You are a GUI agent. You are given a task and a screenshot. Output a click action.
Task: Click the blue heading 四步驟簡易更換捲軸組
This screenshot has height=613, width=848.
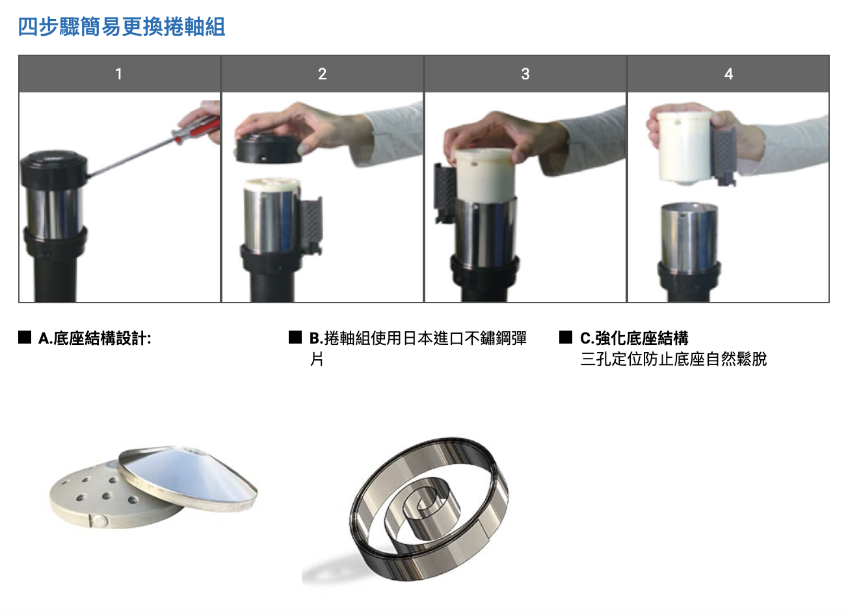click(122, 27)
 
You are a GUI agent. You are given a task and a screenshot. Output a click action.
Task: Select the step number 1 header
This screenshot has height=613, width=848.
click(119, 74)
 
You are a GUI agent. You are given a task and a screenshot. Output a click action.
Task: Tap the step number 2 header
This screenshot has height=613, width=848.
click(322, 74)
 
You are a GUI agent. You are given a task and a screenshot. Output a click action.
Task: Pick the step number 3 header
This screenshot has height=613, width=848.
click(525, 74)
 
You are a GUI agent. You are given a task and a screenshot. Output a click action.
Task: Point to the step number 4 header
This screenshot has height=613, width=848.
click(728, 74)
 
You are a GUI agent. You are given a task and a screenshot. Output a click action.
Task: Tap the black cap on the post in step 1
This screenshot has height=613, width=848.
click(54, 168)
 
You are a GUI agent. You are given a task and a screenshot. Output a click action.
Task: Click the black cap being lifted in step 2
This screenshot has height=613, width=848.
click(269, 149)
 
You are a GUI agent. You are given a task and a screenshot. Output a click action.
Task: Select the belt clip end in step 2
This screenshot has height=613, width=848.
click(311, 225)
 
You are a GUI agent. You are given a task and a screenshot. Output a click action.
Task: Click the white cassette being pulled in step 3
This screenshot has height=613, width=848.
click(485, 175)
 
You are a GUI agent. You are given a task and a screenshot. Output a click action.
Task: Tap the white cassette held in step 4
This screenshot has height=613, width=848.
click(685, 148)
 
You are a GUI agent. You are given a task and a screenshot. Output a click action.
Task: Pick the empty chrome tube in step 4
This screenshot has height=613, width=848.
click(689, 238)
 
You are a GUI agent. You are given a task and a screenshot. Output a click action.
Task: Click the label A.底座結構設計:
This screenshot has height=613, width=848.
click(95, 338)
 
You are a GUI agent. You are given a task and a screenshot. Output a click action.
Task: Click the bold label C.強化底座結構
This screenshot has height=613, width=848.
click(634, 338)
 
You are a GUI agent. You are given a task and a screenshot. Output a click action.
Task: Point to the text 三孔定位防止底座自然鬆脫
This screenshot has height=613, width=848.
click(674, 359)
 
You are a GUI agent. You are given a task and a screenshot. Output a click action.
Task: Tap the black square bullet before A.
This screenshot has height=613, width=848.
click(25, 337)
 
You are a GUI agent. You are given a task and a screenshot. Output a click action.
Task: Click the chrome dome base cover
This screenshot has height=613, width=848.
click(188, 478)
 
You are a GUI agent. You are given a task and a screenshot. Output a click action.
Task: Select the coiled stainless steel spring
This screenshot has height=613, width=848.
click(429, 509)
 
